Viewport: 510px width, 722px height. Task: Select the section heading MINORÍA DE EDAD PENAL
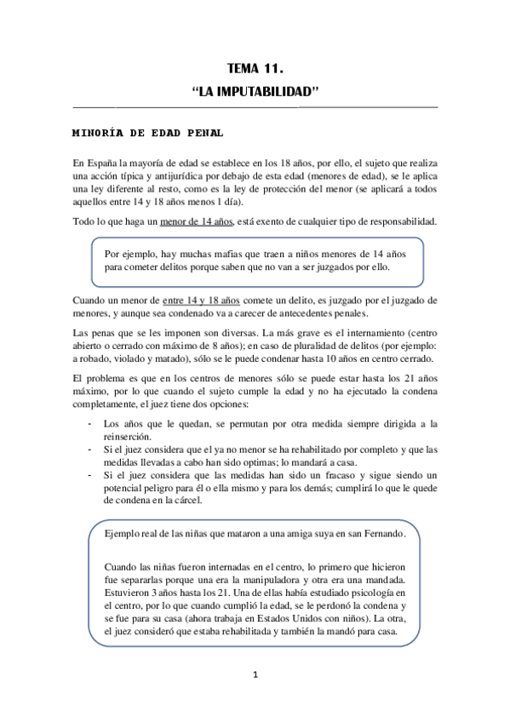(x=148, y=133)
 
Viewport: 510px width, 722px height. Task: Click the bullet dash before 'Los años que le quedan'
(x=90, y=423)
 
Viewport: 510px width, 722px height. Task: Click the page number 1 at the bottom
(x=255, y=676)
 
